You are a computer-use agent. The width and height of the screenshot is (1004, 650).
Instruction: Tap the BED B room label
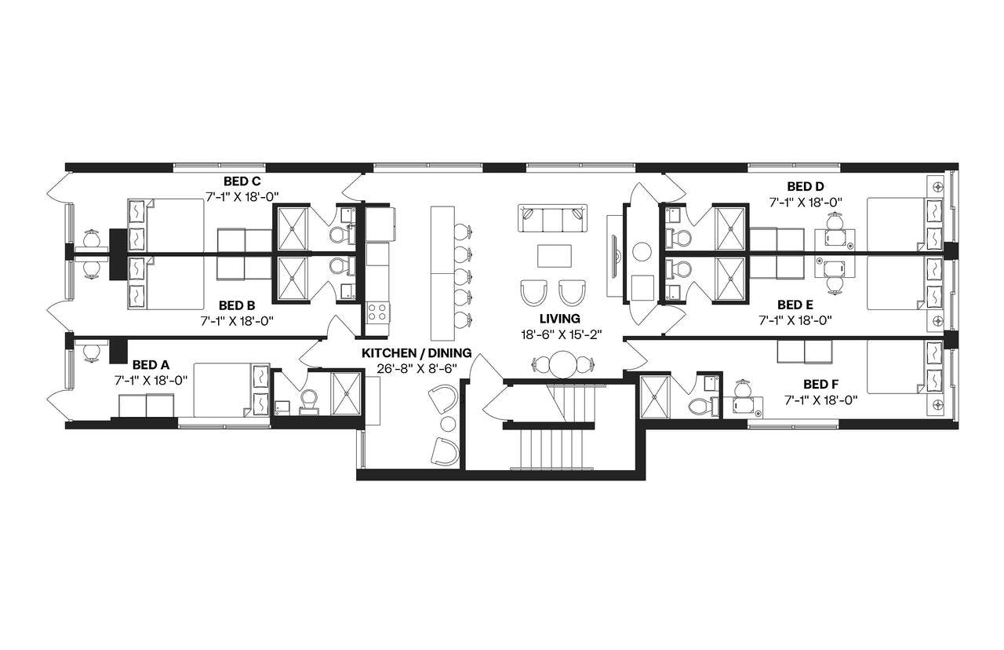click(x=237, y=305)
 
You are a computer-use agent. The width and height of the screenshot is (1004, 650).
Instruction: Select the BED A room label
click(x=151, y=365)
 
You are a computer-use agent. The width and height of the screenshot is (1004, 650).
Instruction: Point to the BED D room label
click(x=806, y=187)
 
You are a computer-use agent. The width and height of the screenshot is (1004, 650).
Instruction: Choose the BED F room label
click(x=821, y=385)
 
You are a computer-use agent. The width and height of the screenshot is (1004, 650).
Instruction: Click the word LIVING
click(x=559, y=319)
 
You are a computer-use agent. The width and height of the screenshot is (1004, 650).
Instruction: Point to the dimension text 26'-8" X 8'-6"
click(x=417, y=368)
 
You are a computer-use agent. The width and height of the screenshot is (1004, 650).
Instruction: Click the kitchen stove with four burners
click(x=377, y=312)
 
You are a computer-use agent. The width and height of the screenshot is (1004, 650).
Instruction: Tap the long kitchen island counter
click(x=442, y=267)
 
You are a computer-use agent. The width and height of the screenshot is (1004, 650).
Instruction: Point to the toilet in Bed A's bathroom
click(x=307, y=400)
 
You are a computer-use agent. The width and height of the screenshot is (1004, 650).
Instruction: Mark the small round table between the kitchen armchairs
click(x=448, y=425)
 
